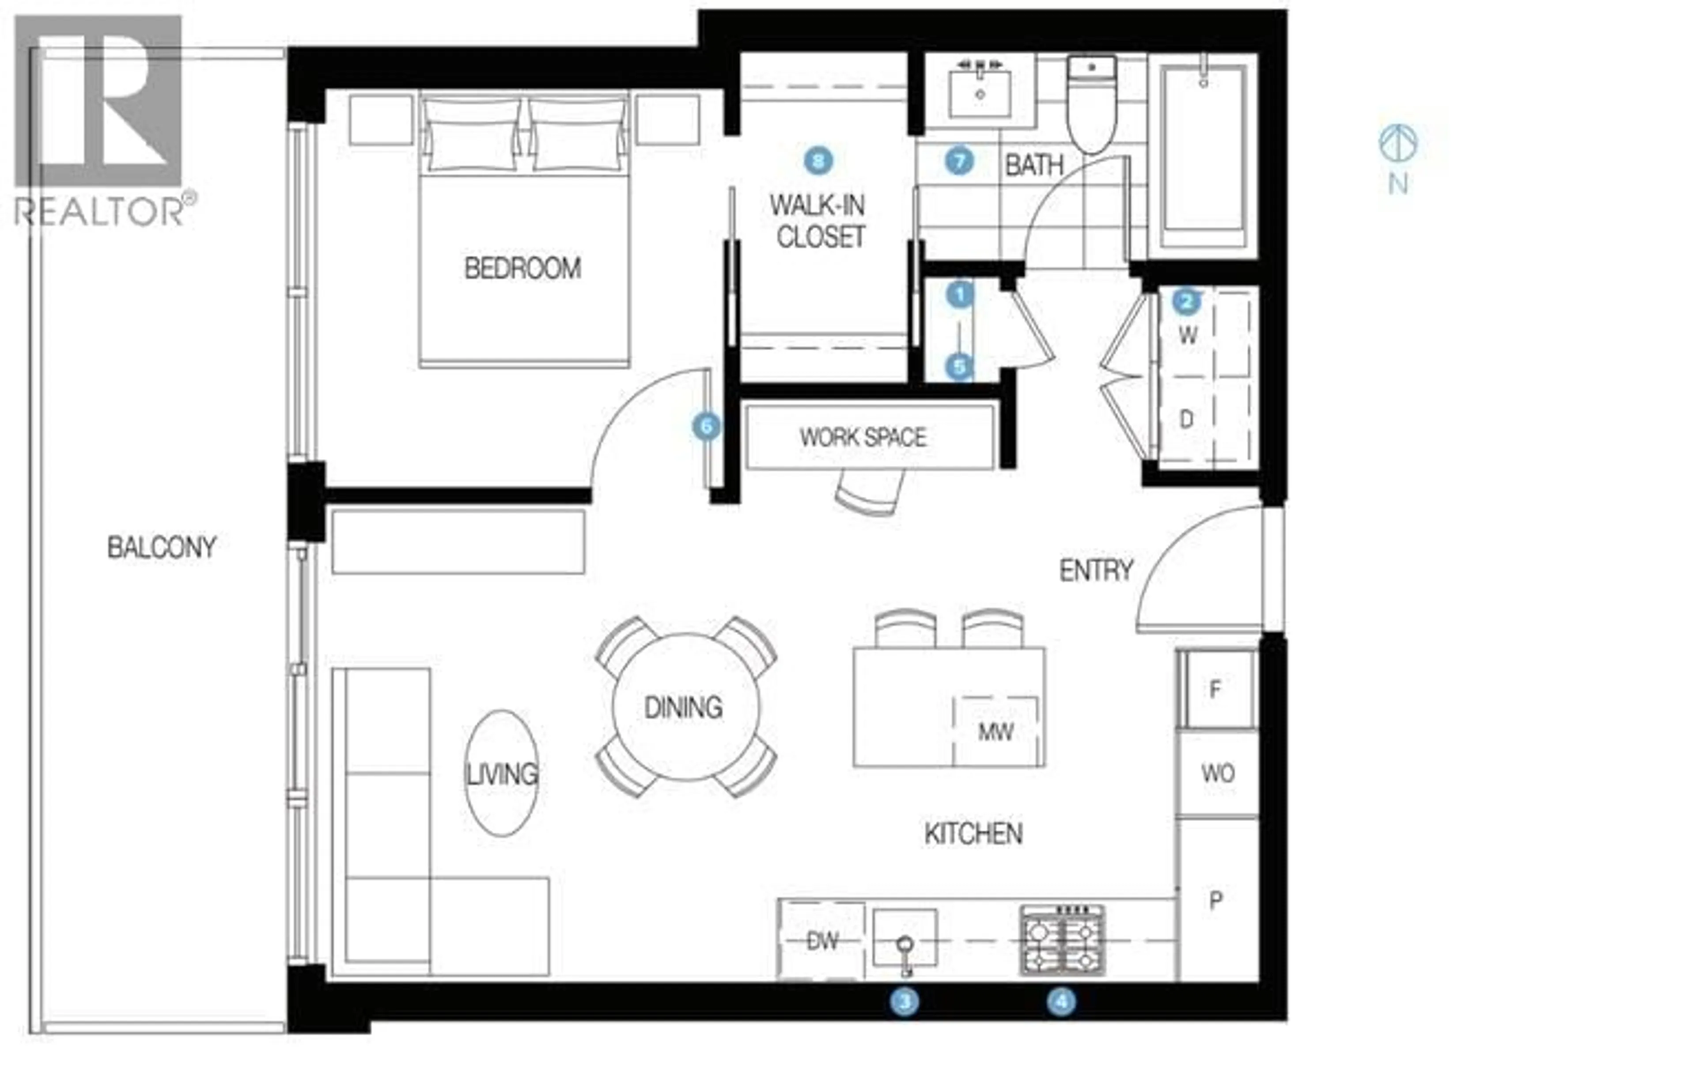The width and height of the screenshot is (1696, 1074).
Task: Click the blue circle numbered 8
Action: (x=818, y=161)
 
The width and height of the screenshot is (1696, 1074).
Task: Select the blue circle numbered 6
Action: (x=706, y=427)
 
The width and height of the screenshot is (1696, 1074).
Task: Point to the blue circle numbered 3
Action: (x=905, y=1002)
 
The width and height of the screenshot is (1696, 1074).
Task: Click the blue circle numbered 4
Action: (x=1061, y=1002)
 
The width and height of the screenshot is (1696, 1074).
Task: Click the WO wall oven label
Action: (x=1218, y=774)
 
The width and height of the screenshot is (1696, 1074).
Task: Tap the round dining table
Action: (x=686, y=707)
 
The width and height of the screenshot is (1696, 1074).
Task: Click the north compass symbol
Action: (x=1398, y=143)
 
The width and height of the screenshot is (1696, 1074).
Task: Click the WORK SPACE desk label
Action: (x=863, y=438)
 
